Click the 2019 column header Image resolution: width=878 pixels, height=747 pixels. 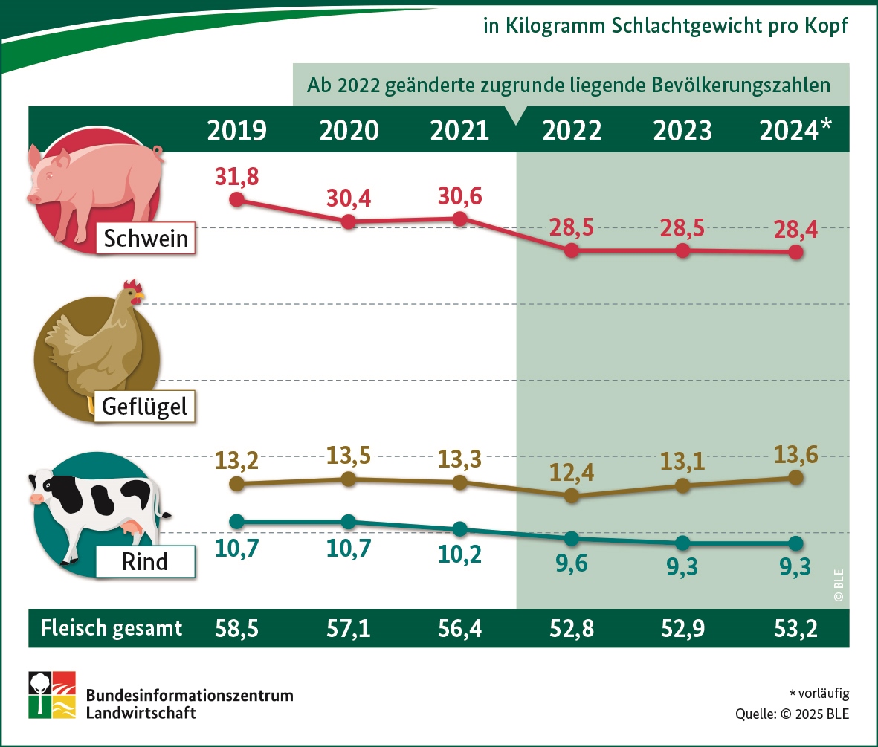coord(236,131)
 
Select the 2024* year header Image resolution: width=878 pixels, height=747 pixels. coord(795,131)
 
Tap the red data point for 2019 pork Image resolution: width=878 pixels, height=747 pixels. coord(236,199)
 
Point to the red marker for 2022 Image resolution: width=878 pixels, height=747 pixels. coord(571,250)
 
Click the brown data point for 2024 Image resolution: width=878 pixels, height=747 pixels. coord(795,478)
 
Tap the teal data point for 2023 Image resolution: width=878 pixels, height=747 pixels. coord(683,542)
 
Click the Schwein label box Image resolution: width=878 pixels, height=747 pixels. coord(146,239)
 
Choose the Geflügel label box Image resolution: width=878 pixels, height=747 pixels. coord(145,407)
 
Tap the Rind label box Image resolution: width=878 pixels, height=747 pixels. coord(145,562)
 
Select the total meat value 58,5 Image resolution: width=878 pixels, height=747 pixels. coord(236,629)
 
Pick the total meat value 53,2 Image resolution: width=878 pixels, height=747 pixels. coord(795,629)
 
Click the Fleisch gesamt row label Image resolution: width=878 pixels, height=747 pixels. coord(112,629)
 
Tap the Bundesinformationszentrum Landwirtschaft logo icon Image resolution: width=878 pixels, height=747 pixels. coord(52,695)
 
